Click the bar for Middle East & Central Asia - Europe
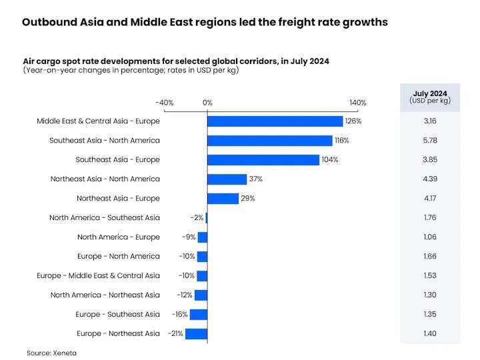[x=275, y=121]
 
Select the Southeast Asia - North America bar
[x=269, y=141]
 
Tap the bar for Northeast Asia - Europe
[x=223, y=199]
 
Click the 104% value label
[x=330, y=160]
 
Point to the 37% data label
[x=255, y=179]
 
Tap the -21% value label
[x=175, y=334]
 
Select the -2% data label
[x=196, y=218]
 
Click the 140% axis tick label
[x=357, y=103]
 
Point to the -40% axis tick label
[x=164, y=103]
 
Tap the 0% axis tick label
[x=207, y=103]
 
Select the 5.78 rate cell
[x=430, y=141]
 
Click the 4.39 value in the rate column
[x=430, y=179]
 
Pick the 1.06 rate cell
[x=430, y=237]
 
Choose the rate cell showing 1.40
[x=430, y=334]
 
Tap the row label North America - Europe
[x=119, y=237]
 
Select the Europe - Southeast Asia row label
[x=118, y=315]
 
